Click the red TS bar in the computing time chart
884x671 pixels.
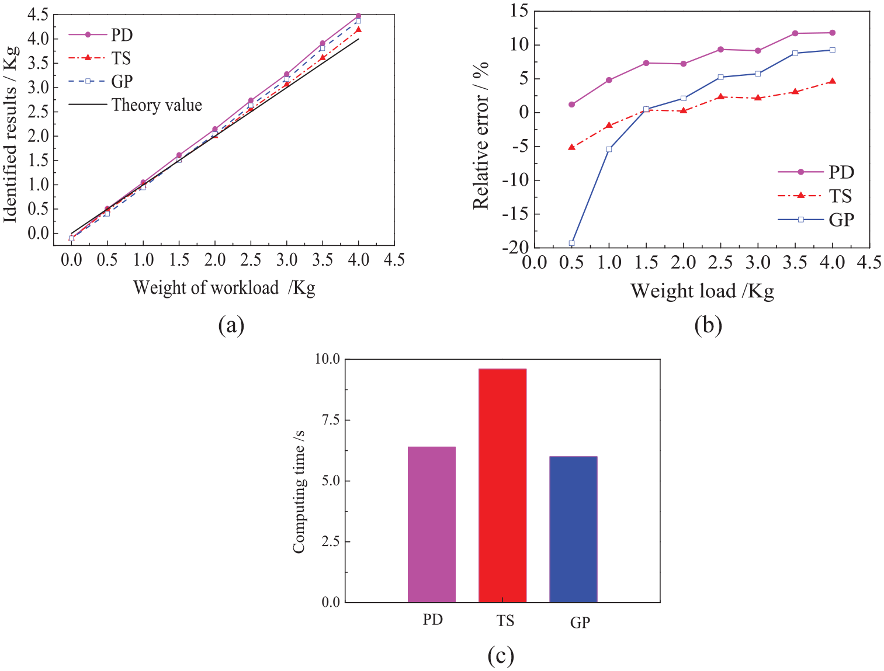click(x=502, y=485)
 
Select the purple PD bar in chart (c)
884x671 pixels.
click(x=432, y=524)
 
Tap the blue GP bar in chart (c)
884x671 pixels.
click(x=573, y=529)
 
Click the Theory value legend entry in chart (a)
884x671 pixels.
click(x=136, y=105)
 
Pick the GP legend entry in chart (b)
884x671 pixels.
click(x=816, y=220)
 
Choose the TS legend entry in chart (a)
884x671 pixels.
click(x=99, y=58)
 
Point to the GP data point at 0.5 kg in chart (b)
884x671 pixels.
click(x=571, y=243)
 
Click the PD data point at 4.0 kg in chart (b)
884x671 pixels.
click(x=833, y=33)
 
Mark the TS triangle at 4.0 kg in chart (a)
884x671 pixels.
click(x=358, y=29)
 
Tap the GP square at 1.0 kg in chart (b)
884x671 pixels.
click(x=609, y=150)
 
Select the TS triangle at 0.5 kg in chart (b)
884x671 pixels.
click(x=571, y=147)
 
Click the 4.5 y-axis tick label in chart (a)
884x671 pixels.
click(x=38, y=15)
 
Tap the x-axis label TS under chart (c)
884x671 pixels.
click(x=505, y=620)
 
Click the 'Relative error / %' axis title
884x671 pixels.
click(x=480, y=135)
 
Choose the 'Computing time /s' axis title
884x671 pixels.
click(x=299, y=492)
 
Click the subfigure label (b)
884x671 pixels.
click(x=708, y=325)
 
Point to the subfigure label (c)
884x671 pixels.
click(x=501, y=656)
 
